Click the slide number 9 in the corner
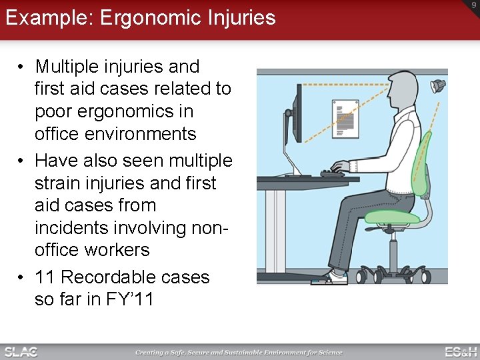point(474,6)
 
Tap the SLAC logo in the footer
point(21,351)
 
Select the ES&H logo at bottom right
point(460,351)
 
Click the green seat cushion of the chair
point(393,217)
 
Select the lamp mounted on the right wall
point(437,85)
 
